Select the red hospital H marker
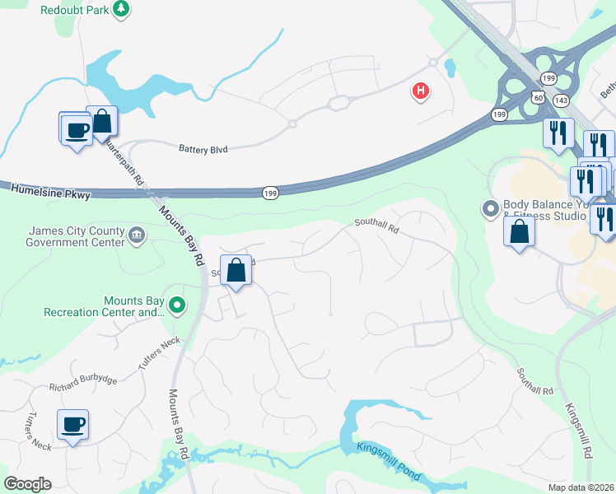pyautogui.click(x=421, y=91)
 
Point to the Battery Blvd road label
pyautogui.click(x=203, y=150)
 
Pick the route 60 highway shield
pyautogui.click(x=537, y=98)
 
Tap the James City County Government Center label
pyautogui.click(x=76, y=236)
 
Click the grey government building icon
pyautogui.click(x=137, y=238)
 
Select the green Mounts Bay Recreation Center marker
pyautogui.click(x=176, y=306)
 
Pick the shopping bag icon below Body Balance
pyautogui.click(x=520, y=231)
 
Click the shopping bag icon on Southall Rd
pyautogui.click(x=236, y=270)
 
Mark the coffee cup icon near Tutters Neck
pyautogui.click(x=73, y=425)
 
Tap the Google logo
pyautogui.click(x=27, y=484)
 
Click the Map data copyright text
pyautogui.click(x=581, y=487)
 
